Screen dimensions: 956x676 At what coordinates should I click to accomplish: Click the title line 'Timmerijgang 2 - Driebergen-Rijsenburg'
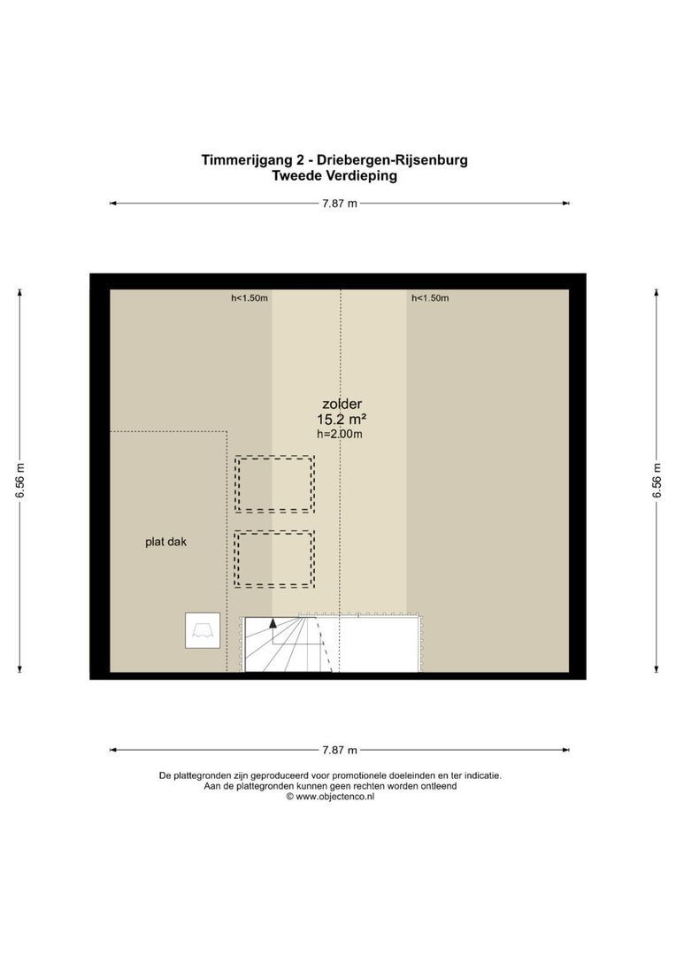coord(334,160)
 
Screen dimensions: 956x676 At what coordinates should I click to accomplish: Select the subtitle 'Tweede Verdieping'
coord(335,175)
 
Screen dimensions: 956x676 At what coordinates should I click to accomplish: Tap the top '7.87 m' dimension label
coord(340,204)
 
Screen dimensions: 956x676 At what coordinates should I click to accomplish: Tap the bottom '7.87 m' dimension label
coord(340,750)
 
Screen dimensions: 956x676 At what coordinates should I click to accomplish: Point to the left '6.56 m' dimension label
coord(20,481)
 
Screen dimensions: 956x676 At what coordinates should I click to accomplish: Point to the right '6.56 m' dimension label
coord(657,481)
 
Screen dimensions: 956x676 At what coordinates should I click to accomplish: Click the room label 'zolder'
coord(342,404)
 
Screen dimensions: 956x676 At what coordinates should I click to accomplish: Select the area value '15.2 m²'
coord(342,420)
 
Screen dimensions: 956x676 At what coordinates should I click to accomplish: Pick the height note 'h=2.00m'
coord(340,435)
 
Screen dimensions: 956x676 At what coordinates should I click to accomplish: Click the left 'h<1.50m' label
coord(250,298)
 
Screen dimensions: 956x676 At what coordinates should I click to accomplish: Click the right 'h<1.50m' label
coord(430,298)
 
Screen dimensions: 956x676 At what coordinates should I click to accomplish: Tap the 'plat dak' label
coord(166,542)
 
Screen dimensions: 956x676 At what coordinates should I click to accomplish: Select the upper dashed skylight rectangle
coord(274,484)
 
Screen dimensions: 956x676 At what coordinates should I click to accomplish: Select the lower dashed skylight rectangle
coord(274,559)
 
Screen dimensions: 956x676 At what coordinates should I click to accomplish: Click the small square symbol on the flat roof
coord(203,630)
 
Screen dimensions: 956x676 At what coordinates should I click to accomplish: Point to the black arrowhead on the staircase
coord(273,622)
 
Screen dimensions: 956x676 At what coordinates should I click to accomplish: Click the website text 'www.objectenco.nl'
coord(334,797)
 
